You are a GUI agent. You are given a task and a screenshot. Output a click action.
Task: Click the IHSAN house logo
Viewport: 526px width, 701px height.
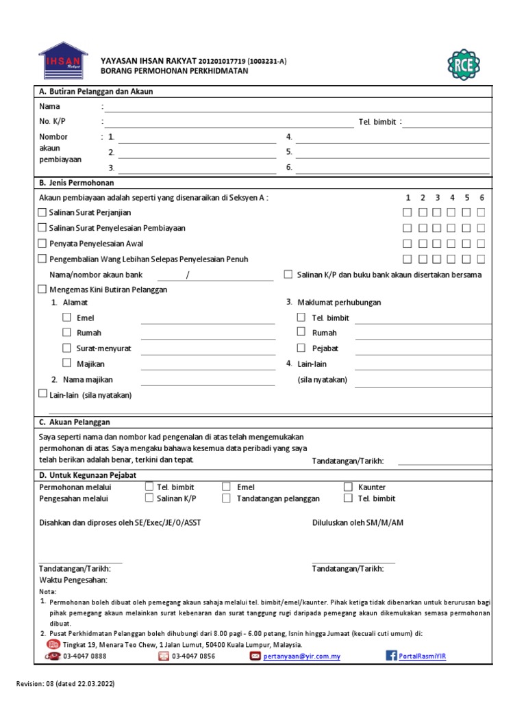(63, 60)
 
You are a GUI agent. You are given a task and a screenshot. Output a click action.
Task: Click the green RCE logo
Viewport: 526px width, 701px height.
(464, 64)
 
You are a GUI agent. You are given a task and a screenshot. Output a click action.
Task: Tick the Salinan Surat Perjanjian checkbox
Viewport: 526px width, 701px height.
(42, 213)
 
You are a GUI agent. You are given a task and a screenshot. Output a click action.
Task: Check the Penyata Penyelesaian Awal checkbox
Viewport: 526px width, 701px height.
(42, 244)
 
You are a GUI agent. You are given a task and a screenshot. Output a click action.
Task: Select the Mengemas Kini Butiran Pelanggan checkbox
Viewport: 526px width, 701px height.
(42, 290)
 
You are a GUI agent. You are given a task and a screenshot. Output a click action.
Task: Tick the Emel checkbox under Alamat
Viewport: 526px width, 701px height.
(66, 318)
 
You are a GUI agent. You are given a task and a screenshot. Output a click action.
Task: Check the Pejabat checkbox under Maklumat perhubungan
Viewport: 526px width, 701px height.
(301, 348)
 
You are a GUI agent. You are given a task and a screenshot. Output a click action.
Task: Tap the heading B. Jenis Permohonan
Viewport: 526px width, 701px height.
(77, 183)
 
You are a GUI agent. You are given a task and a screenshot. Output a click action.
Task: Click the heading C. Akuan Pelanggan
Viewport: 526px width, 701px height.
(75, 422)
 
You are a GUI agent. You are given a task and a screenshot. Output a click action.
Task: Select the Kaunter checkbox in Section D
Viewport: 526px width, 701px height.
(347, 487)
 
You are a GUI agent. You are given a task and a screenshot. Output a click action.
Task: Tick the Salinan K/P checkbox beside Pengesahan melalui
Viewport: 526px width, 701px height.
(149, 498)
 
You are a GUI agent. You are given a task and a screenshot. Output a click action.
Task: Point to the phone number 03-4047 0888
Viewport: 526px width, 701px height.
(84, 656)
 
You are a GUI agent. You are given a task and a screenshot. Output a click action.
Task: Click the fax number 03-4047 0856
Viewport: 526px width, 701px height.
(193, 656)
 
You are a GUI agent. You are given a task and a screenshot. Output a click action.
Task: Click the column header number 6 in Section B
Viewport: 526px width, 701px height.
(481, 198)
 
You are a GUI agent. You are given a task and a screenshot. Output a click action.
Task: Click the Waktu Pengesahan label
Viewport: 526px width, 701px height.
(73, 581)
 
